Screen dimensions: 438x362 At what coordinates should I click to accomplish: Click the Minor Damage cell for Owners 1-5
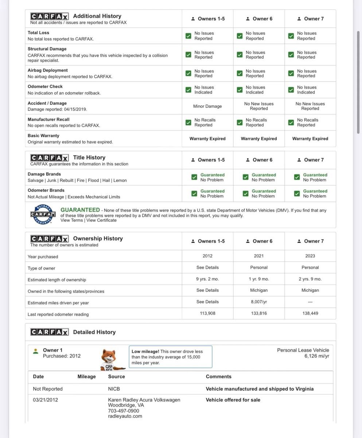pos(207,106)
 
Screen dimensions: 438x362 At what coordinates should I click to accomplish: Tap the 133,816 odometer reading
pos(259,313)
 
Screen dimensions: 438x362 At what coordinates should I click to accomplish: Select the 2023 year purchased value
pos(310,256)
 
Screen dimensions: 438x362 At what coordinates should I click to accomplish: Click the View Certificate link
pos(101,220)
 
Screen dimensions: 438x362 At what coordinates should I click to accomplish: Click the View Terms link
pos(71,220)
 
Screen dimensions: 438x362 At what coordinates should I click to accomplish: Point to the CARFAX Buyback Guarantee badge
pos(43,215)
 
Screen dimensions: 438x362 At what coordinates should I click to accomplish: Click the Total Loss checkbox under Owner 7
pos(291,36)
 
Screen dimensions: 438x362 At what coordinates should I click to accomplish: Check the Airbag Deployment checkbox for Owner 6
pos(240,73)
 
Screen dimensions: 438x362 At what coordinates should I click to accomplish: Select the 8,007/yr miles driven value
pos(259,302)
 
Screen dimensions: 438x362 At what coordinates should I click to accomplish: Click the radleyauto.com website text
pos(125,416)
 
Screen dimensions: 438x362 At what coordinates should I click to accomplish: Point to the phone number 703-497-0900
pos(124,411)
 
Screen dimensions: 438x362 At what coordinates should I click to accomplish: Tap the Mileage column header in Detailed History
pos(86,377)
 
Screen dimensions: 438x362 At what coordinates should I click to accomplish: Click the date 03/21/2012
pos(45,400)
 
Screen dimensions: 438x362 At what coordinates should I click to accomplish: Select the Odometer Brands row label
pos(46,190)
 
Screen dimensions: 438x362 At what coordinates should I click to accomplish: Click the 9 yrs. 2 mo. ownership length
pos(207,279)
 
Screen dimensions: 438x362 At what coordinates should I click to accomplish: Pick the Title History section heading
pos(89,157)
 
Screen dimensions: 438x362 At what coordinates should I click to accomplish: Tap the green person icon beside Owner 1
pos(36,351)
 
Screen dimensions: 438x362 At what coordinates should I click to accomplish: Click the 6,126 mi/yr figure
pos(316,356)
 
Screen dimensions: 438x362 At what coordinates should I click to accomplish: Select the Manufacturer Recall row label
pos(48,119)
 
